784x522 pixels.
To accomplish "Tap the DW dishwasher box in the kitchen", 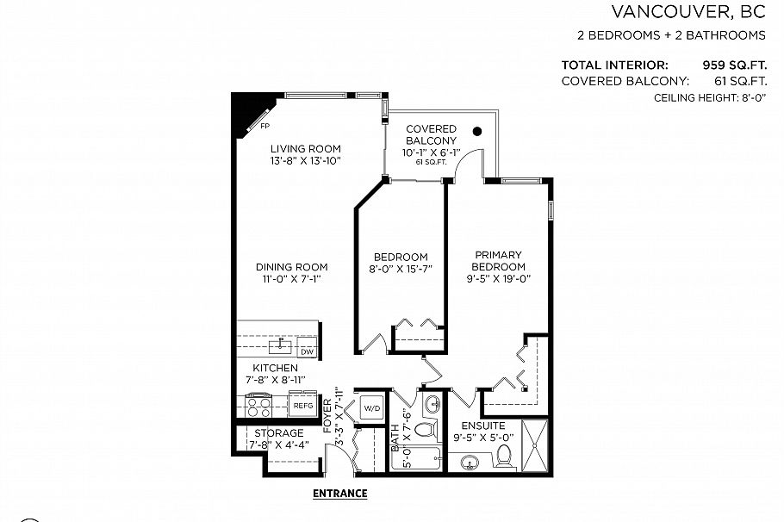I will click(307, 351).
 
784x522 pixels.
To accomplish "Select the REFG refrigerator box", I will click(302, 404).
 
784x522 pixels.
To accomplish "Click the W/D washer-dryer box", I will click(370, 407).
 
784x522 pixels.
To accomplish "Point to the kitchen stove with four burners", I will click(259, 403).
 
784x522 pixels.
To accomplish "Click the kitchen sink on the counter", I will click(279, 347).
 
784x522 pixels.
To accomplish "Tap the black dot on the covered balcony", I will click(476, 132).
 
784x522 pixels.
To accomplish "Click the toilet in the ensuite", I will click(505, 456).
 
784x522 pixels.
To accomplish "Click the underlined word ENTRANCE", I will click(339, 494).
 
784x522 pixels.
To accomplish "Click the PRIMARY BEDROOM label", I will click(498, 261).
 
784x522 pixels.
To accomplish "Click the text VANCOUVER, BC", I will click(688, 12).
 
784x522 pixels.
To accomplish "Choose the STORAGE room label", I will click(278, 432).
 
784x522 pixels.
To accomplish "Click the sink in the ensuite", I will click(470, 463).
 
